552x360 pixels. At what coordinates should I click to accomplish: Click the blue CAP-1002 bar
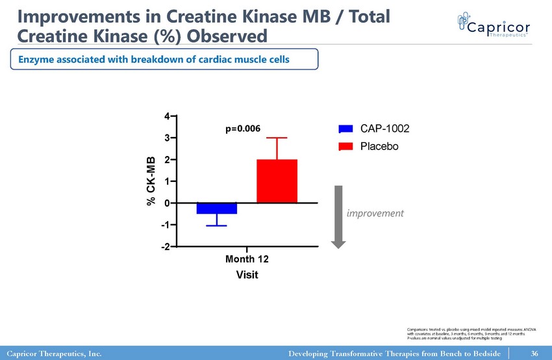[x=217, y=209]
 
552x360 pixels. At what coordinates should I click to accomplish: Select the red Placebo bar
[x=277, y=181]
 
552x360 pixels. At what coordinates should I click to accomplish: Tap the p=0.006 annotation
[x=243, y=129]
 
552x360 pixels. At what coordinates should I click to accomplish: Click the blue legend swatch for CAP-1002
[x=346, y=130]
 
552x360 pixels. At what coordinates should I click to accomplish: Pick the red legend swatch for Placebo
[x=346, y=146]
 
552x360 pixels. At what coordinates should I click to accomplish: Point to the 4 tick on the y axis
[x=168, y=116]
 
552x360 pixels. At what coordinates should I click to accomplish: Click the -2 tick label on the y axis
[x=166, y=247]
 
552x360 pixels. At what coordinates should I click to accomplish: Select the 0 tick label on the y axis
[x=168, y=203]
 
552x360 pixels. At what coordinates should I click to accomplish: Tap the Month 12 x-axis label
[x=247, y=259]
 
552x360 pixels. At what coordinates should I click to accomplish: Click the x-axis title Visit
[x=247, y=275]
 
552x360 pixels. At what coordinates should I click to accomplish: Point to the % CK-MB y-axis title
[x=151, y=181]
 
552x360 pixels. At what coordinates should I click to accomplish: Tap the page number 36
[x=534, y=354]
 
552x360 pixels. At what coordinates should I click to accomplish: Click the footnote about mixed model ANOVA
[x=466, y=335]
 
